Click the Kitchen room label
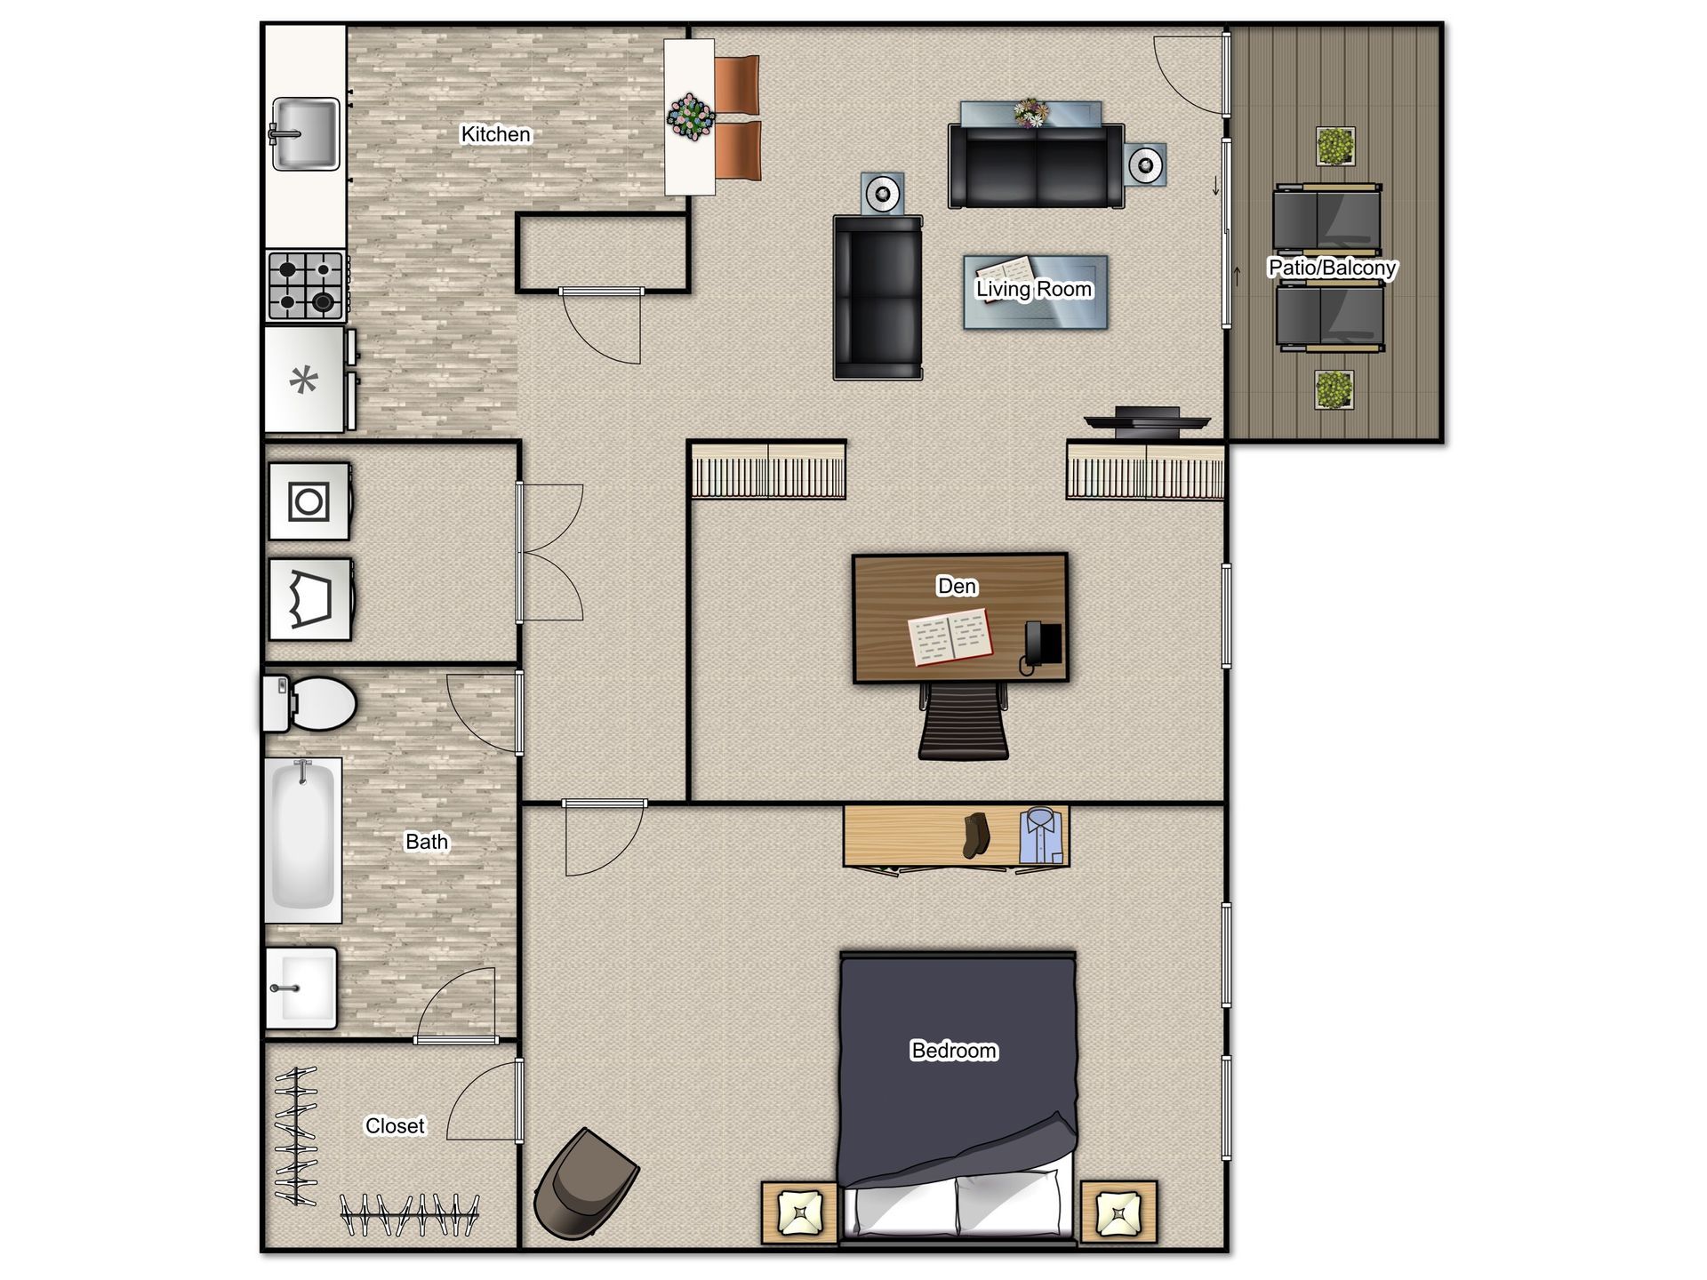click(x=495, y=134)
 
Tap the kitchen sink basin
click(x=305, y=133)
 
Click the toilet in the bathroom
click(x=309, y=704)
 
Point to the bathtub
click(x=303, y=840)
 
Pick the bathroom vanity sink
click(x=301, y=988)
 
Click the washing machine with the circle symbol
click(x=309, y=501)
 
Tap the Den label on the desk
click(x=957, y=586)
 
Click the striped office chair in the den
click(x=964, y=721)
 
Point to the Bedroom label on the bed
click(x=954, y=1051)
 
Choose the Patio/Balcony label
click(x=1332, y=268)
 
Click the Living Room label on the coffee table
click(x=1034, y=289)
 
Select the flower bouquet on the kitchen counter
click(x=691, y=116)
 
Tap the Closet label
click(x=395, y=1126)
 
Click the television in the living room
click(x=1147, y=422)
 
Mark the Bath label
click(x=427, y=842)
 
